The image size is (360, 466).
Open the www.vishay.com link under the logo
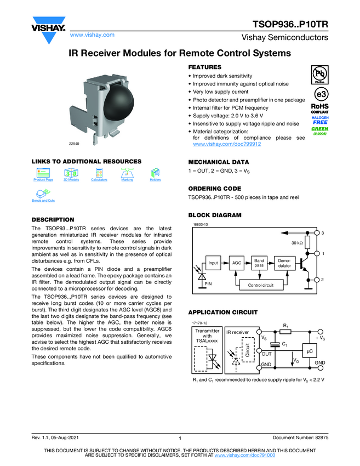(92, 35)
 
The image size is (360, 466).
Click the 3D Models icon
(71, 174)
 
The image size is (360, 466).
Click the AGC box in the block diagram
(237, 263)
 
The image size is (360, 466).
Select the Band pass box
(259, 263)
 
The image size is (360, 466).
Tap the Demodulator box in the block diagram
(285, 263)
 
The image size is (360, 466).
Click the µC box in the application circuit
(309, 350)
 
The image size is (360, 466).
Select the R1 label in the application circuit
(285, 326)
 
